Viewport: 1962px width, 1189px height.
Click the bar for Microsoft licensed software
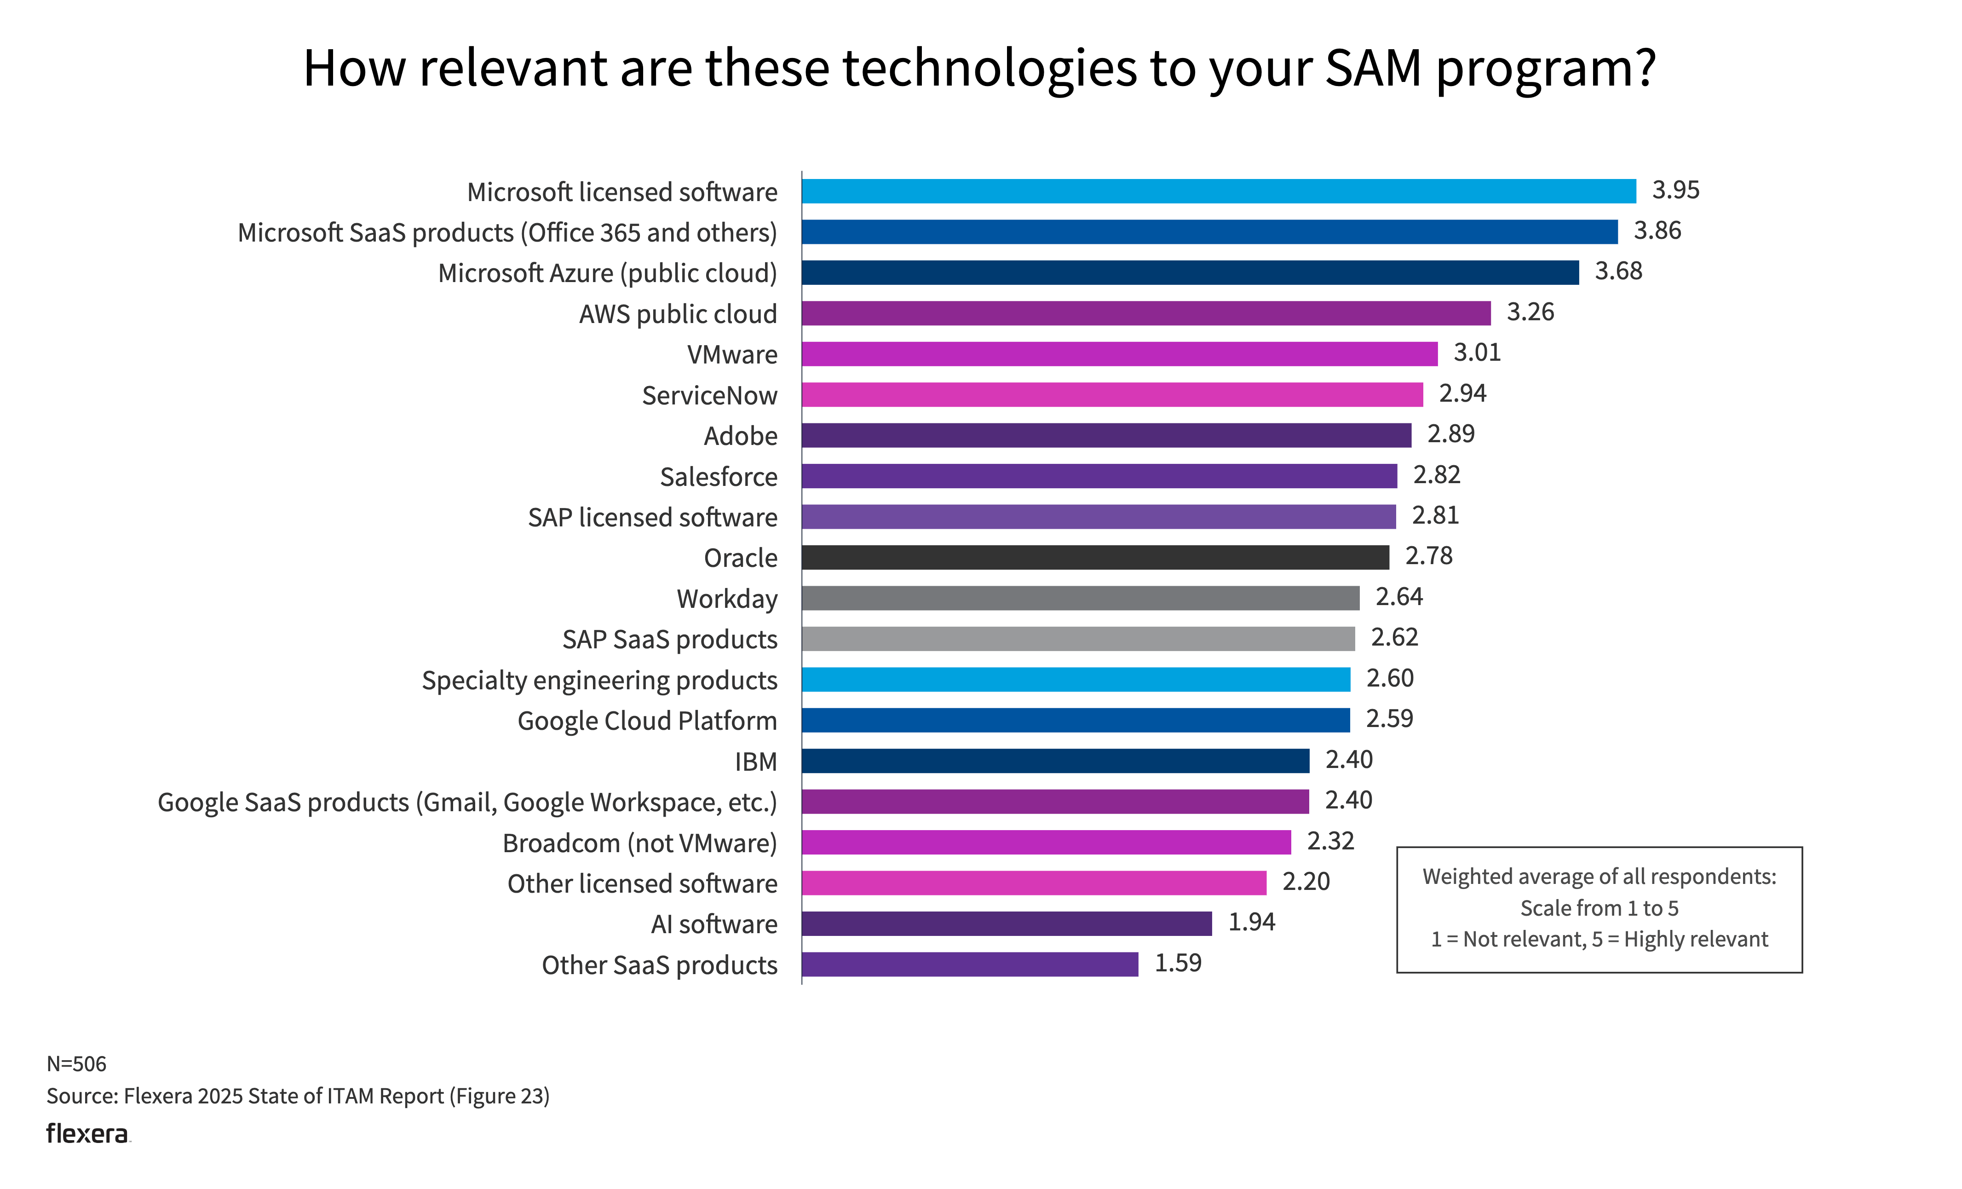[1218, 191]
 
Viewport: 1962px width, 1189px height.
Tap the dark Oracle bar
[1095, 558]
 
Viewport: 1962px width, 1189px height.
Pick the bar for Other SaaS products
[970, 964]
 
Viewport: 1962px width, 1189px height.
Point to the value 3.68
[1618, 271]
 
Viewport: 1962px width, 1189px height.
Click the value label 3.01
[1477, 353]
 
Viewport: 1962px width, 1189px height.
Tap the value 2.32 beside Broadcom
[1330, 841]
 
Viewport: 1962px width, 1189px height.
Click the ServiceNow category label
[709, 396]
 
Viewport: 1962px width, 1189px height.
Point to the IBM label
[756, 762]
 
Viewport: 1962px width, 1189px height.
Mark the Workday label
[727, 599]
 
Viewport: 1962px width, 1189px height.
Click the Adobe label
[741, 436]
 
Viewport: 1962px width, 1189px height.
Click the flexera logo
[87, 1134]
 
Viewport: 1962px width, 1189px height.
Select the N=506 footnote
[76, 1064]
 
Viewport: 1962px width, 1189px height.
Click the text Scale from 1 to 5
[1599, 909]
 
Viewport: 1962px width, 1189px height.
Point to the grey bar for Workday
[1081, 598]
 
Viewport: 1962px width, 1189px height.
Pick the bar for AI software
[1007, 924]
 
